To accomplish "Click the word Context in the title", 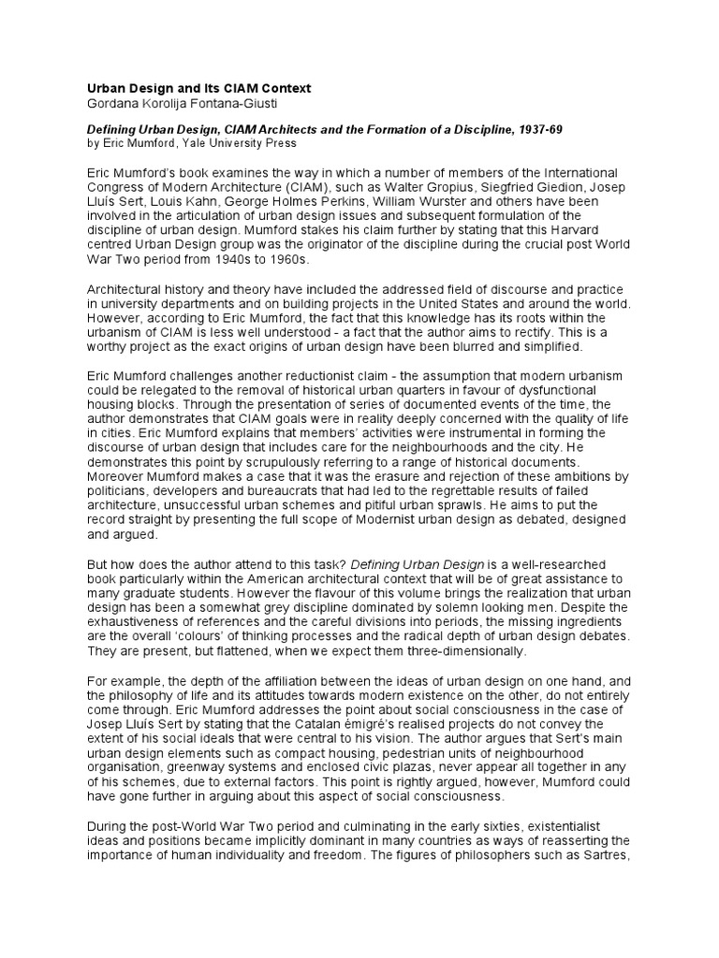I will [281, 87].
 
